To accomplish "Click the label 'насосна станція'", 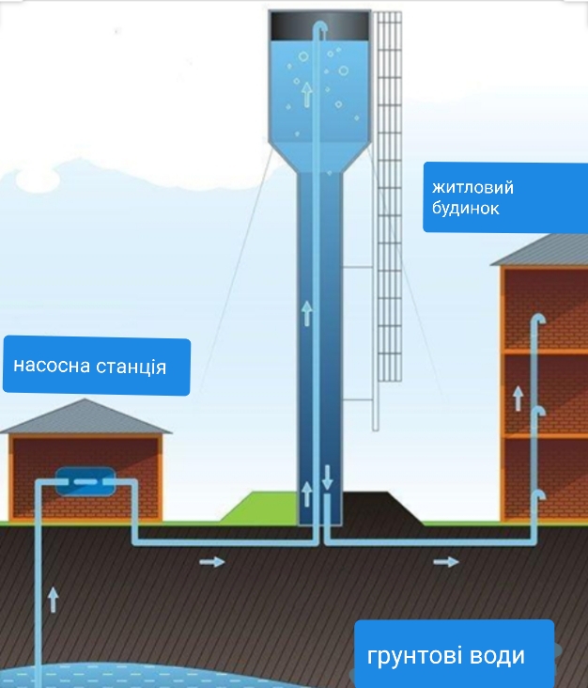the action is (90, 366).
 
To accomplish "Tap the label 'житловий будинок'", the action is (472, 197).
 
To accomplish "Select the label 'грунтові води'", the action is (445, 656).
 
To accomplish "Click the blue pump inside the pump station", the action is (85, 481).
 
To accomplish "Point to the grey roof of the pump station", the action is (85, 416).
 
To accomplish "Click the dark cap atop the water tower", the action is (319, 26).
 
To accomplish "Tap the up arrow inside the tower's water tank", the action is (307, 94).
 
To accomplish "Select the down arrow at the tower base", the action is (327, 477).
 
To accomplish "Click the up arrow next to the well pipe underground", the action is (53, 600).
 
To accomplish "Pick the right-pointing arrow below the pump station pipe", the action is (212, 562).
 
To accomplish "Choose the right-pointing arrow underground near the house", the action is (446, 562).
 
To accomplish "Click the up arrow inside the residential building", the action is (518, 399).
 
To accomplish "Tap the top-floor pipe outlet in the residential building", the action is (540, 318).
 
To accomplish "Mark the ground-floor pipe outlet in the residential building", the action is (540, 495).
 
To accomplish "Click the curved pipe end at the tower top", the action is (321, 27).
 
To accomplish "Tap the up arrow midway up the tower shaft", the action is (307, 313).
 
